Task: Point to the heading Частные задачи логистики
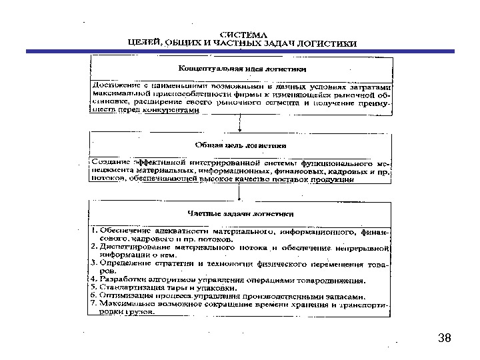click(241, 214)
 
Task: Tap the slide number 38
click(445, 339)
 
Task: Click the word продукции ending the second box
click(331, 178)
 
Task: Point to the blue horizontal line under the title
click(240, 51)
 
